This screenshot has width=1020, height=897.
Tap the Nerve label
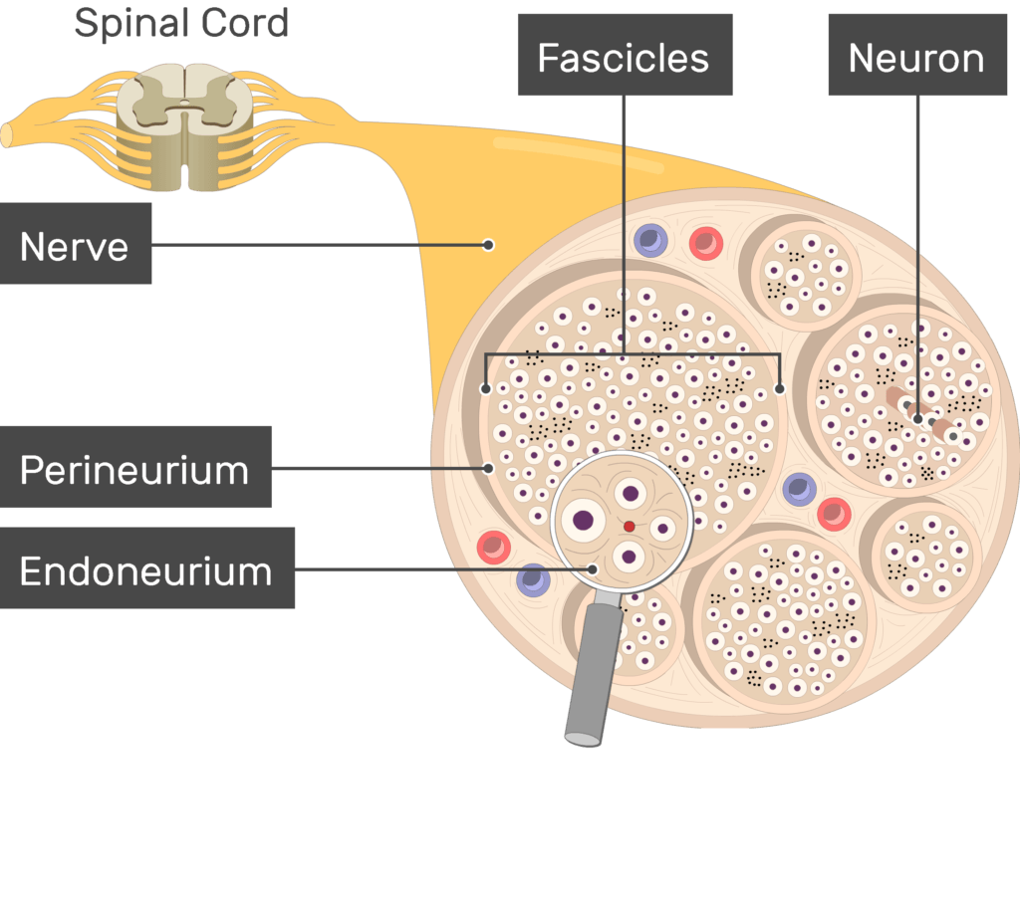[76, 245]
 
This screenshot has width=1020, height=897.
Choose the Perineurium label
[135, 468]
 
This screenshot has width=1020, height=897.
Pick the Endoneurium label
[146, 569]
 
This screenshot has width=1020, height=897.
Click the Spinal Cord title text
[181, 23]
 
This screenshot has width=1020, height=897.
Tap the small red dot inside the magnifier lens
[629, 527]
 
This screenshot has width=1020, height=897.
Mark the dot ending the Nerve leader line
[488, 245]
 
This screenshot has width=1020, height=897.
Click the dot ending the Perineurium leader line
[488, 467]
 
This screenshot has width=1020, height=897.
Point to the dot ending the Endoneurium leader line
[594, 569]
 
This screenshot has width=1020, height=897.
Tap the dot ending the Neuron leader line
[917, 419]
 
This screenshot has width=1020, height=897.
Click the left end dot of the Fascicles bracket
[485, 388]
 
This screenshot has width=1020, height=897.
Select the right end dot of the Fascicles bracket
[780, 388]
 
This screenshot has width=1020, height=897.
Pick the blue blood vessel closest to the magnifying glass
[534, 580]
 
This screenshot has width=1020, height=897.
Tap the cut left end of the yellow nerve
[8, 135]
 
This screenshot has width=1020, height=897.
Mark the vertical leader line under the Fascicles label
[625, 219]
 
